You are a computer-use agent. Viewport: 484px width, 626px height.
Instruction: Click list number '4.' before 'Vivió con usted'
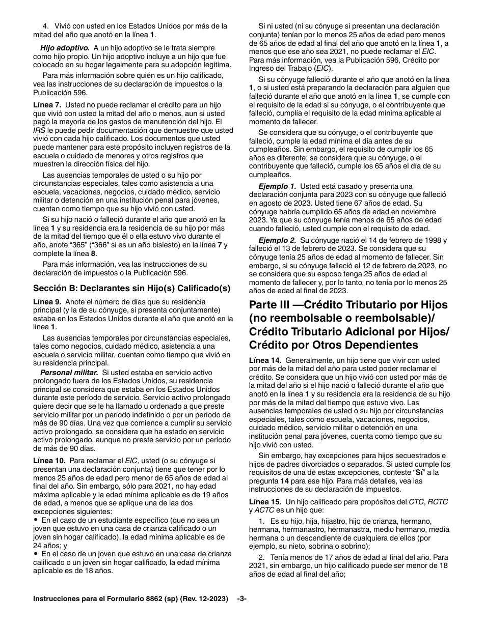pyautogui.click(x=45, y=26)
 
